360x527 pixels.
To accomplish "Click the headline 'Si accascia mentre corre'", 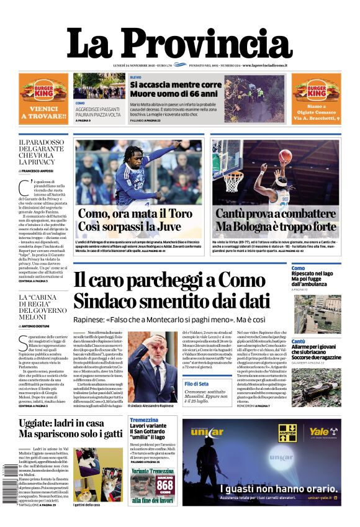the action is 176,84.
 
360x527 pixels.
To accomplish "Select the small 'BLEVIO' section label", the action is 135,76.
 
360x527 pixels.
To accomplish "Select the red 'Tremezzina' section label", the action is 144,420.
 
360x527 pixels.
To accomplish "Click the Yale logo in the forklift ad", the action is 318,432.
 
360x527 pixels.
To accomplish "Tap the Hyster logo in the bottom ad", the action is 287,433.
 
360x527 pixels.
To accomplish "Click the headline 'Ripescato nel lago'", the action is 313,274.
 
